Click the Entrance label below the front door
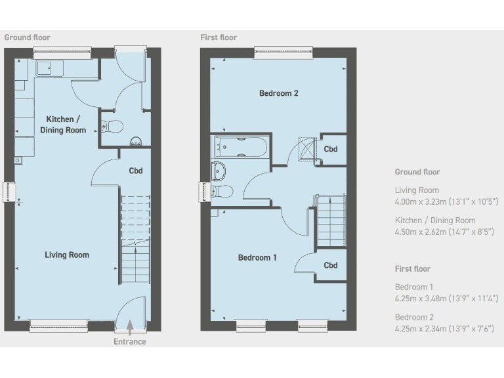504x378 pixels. pos(129,341)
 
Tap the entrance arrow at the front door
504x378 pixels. pos(130,325)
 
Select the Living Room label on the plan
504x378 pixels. pos(67,255)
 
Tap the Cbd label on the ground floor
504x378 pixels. pos(136,171)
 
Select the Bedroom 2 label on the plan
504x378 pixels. pos(279,93)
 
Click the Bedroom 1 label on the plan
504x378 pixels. pos(257,258)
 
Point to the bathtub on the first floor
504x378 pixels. pos(240,147)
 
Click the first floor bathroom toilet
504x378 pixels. pos(221,191)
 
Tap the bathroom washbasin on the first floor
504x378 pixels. pos(219,170)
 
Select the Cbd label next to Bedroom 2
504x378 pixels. pos(331,149)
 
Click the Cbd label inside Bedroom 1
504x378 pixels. pos(331,265)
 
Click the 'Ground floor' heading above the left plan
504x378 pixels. pos(27,37)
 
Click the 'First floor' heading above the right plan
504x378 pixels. pos(219,37)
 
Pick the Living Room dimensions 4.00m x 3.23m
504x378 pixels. pos(446,201)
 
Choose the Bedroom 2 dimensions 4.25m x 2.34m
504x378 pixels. pos(445,329)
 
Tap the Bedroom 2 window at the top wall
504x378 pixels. pos(283,52)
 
